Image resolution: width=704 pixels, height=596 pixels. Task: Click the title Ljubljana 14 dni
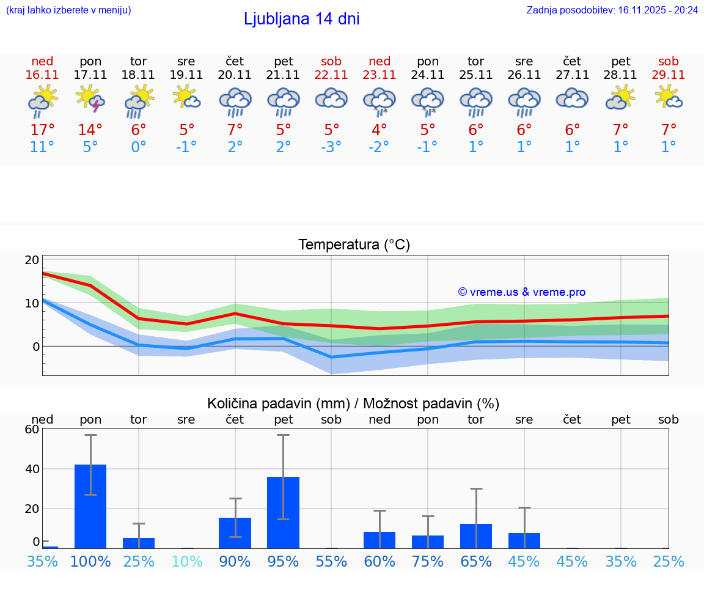(301, 19)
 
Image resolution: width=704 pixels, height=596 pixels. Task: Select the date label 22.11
(331, 75)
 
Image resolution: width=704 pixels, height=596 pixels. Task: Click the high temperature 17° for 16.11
(42, 130)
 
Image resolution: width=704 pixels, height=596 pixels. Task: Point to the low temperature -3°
(331, 147)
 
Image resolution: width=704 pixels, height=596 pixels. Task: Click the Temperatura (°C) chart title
(354, 245)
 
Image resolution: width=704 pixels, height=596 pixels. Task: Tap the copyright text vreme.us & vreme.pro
(521, 292)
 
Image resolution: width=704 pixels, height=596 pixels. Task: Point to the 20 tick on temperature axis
(32, 260)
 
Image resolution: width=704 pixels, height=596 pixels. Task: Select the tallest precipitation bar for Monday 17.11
(90, 506)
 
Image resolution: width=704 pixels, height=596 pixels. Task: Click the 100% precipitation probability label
(90, 562)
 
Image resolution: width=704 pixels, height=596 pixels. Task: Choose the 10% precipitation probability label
(186, 562)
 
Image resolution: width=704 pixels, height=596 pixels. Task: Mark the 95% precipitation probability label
(283, 562)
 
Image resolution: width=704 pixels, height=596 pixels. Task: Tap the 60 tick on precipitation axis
(32, 429)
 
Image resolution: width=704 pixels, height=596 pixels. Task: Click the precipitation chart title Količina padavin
(353, 403)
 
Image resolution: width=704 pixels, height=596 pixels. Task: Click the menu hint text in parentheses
(68, 10)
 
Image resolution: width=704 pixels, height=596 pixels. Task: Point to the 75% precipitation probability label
(428, 562)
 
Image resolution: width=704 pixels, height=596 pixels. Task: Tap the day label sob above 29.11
(669, 62)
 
